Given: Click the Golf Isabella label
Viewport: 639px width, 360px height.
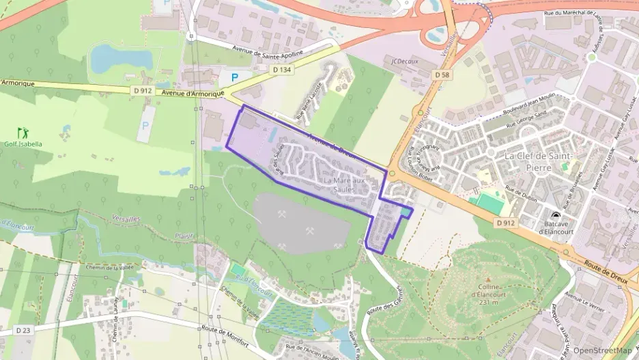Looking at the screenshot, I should pos(24,144).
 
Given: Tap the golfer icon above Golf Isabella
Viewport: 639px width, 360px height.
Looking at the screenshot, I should pos(23,132).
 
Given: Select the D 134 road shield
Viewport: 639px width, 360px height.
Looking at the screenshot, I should pos(281,69).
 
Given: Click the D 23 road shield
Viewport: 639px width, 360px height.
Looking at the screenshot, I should pos(23,331).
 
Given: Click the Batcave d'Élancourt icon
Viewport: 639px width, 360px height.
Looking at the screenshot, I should pos(555,216).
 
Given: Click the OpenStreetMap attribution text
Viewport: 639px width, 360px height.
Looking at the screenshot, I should pos(601,350).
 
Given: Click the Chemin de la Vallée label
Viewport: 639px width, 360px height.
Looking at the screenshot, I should pos(111,267).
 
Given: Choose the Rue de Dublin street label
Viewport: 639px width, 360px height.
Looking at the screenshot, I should pos(520,192).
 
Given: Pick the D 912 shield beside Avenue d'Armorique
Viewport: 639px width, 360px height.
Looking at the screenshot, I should pos(141,90).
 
